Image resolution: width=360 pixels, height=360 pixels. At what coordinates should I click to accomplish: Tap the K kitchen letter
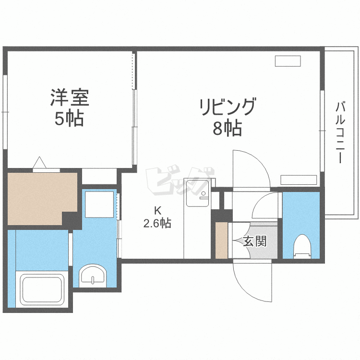tap(157, 210)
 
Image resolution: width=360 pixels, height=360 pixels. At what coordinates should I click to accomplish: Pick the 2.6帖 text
tap(157, 223)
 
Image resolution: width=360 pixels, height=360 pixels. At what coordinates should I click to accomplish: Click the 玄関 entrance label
tap(254, 241)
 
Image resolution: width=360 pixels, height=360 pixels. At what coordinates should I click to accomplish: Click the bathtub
tap(41, 290)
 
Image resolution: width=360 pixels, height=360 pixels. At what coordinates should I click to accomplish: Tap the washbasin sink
tap(91, 276)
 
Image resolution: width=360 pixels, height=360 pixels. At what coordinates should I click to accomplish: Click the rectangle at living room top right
tap(288, 61)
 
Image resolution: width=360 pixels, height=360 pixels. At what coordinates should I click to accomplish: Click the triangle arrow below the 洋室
tap(40, 163)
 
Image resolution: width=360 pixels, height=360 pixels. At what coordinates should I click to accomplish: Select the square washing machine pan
tap(100, 204)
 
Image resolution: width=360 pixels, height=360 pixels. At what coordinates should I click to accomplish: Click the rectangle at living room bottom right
tap(299, 180)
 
